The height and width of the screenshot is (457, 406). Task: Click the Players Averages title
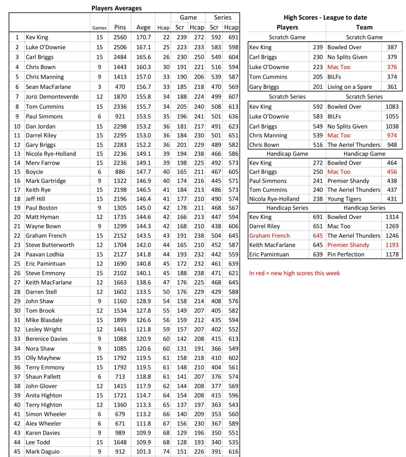click(x=116, y=8)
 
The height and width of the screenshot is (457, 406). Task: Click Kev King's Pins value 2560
click(x=120, y=37)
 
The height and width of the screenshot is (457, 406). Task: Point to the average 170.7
click(x=143, y=37)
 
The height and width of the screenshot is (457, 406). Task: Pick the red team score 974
click(x=391, y=136)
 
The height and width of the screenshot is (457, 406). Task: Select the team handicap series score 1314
click(x=391, y=217)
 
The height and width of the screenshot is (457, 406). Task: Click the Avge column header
click(x=143, y=27)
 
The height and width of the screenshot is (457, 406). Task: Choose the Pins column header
click(x=120, y=27)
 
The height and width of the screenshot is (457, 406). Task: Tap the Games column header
click(x=99, y=28)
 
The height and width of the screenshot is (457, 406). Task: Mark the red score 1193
click(x=391, y=245)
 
